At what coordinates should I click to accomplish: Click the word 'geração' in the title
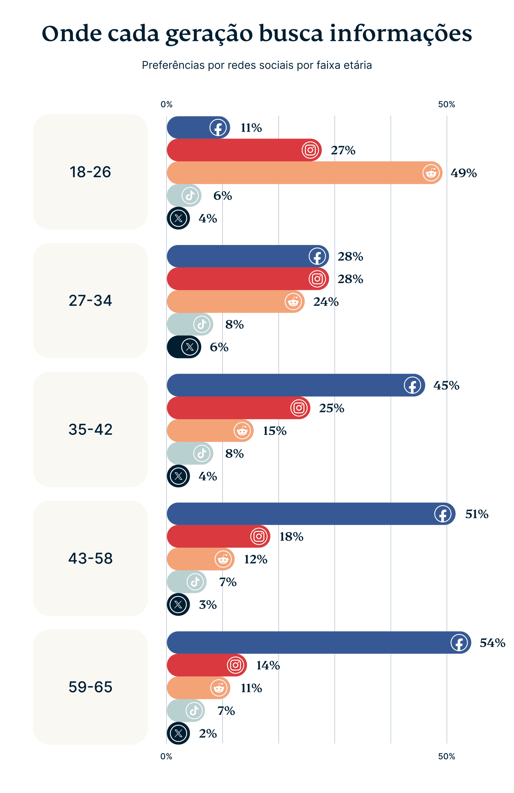(209, 34)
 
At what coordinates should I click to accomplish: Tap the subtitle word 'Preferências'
(173, 65)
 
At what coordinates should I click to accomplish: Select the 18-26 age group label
(90, 172)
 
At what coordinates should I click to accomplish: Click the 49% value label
(463, 173)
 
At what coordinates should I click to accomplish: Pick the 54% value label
(492, 643)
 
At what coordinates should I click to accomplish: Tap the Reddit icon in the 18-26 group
(431, 173)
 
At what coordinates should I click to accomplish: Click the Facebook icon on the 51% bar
(443, 514)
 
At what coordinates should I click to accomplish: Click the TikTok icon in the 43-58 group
(195, 582)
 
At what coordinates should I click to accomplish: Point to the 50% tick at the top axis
(447, 104)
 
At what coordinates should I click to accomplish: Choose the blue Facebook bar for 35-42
(283, 385)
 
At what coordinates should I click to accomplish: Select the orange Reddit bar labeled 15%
(200, 431)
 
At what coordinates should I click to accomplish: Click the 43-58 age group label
(90, 558)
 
